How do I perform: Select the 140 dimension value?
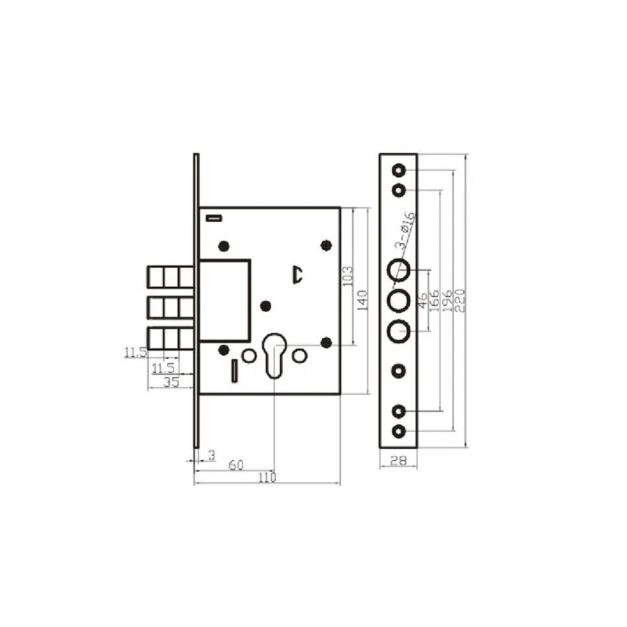362,299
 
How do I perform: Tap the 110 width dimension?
267,477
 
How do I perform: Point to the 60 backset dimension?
234,465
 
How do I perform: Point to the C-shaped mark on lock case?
297,274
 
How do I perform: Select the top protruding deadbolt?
172,277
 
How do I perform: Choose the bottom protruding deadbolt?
172,337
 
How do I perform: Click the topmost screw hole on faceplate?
398,170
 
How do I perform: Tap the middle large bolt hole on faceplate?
398,301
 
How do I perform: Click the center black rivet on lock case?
265,306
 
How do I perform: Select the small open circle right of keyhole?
299,356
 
